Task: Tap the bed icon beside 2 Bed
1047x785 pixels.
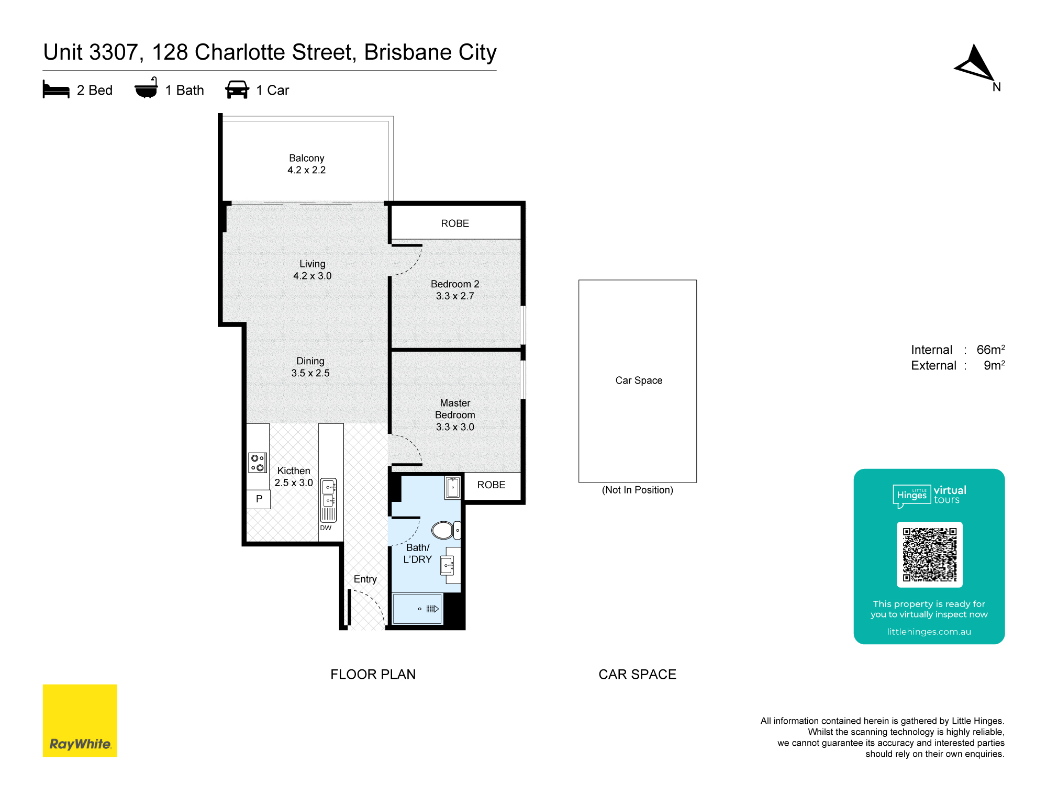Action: point(56,89)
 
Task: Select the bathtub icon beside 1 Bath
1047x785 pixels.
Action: point(146,88)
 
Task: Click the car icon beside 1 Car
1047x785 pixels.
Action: point(237,89)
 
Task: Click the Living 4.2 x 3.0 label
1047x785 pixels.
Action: point(313,270)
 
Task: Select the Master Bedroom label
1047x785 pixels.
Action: point(455,415)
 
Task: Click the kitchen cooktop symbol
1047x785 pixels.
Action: point(258,463)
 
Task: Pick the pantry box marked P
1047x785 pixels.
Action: point(259,499)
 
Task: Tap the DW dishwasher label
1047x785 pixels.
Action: point(326,528)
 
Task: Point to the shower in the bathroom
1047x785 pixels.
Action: point(418,609)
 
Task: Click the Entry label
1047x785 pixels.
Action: point(365,579)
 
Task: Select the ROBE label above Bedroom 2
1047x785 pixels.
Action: point(455,223)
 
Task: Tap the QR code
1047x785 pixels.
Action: point(930,555)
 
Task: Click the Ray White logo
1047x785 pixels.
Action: point(80,721)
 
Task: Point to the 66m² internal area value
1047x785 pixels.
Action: point(991,350)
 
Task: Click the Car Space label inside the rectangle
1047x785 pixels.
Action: point(639,380)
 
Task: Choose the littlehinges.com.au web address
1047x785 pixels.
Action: point(929,632)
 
